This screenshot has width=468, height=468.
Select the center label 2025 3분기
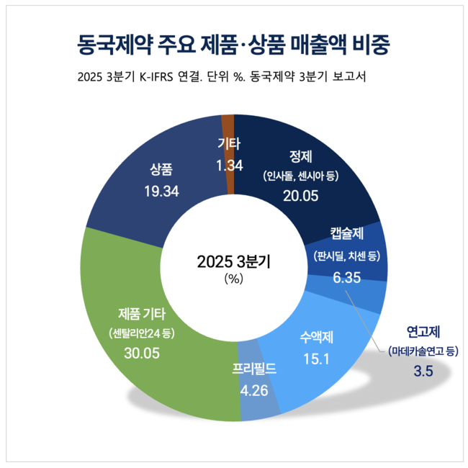[x=233, y=261]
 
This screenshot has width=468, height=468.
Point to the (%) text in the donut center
[x=234, y=278]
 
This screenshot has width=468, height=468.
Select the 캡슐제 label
[x=346, y=234]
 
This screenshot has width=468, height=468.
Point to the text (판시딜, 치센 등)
[x=346, y=255]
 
